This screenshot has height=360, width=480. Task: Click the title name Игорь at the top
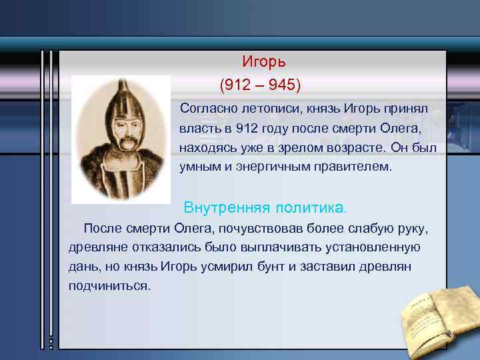pos(263,62)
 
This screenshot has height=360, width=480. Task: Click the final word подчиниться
pos(109,286)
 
